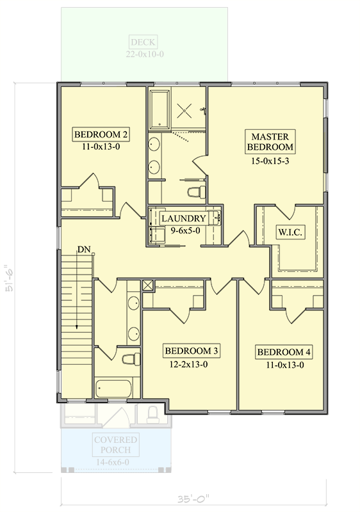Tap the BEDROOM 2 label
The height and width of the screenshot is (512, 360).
coord(101,134)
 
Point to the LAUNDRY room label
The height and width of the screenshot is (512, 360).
coord(183,218)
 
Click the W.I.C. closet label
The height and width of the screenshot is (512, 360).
coord(290,232)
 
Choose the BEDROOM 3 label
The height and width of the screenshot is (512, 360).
coord(192,351)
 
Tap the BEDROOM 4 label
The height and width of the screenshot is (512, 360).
coord(284,352)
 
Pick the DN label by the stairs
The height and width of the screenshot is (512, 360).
coord(84,249)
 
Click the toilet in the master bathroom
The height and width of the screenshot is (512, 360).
coord(196,191)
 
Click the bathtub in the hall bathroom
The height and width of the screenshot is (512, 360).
coord(113,388)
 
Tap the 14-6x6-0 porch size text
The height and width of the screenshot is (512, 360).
coord(115,463)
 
